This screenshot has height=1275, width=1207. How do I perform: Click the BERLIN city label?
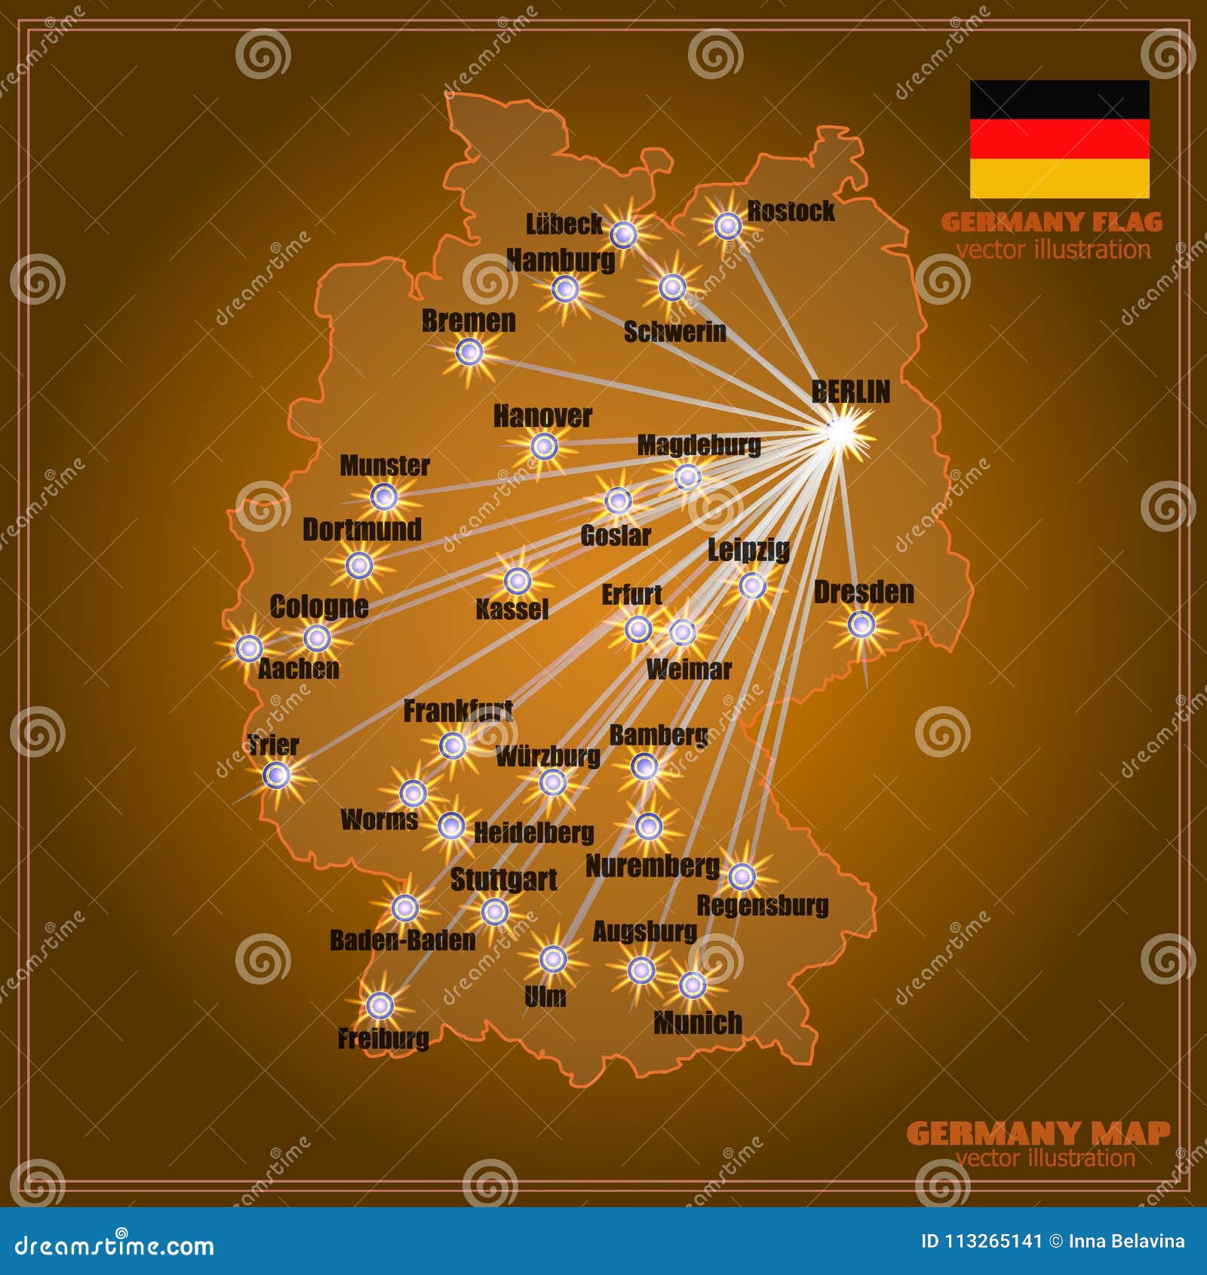coord(850,392)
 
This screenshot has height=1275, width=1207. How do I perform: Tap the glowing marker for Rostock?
coord(728,225)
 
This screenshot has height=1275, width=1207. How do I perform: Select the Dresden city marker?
coord(861,625)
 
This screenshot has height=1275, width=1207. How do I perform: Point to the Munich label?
coord(698,1023)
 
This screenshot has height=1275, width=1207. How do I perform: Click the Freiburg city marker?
coord(379,1005)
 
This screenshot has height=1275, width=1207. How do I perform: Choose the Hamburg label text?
coord(561,260)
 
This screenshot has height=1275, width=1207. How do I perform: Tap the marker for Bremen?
coord(469,351)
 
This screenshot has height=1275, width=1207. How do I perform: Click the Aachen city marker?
coord(249,647)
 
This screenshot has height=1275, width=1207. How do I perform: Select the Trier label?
coord(273,745)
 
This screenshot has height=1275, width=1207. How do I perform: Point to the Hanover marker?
coord(544,447)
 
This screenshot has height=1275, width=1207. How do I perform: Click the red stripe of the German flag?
coord(1059,139)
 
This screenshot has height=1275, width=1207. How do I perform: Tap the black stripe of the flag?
coord(1059,100)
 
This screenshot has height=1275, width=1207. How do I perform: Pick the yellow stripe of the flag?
coord(1059,178)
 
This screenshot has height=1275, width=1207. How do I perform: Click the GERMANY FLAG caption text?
coord(1052,223)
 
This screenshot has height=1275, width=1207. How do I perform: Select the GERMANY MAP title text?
coord(1038,1133)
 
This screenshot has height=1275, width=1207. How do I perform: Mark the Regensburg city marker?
coord(742,876)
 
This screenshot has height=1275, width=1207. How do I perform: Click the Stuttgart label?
coord(503,880)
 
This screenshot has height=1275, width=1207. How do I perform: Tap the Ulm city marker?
coord(553,959)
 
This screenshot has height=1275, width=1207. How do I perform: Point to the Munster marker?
coord(384,496)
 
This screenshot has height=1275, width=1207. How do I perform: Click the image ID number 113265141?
coord(993,1241)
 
